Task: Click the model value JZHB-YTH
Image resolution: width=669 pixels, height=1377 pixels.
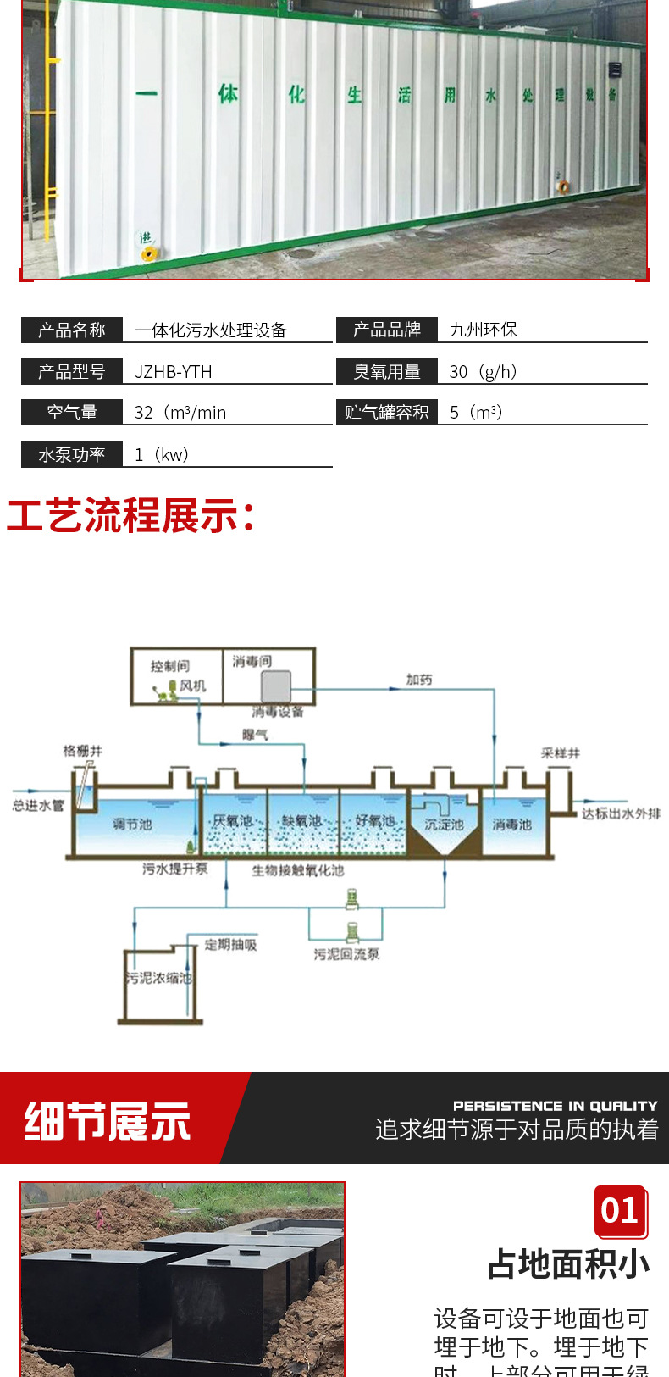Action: (x=174, y=371)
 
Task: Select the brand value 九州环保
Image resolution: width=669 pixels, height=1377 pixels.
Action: (x=484, y=330)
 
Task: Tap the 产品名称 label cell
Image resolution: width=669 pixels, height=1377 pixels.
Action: (x=72, y=330)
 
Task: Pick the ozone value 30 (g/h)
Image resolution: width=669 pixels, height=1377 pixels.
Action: (x=484, y=371)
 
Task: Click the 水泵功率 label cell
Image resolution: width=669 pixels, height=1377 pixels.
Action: (x=72, y=454)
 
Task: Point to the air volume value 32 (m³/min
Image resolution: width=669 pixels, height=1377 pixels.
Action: (x=180, y=413)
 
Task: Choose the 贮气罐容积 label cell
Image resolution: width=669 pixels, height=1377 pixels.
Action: (x=387, y=413)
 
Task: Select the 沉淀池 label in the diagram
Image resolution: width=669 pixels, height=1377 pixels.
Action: (x=444, y=825)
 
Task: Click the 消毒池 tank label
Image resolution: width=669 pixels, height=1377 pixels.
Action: (x=511, y=825)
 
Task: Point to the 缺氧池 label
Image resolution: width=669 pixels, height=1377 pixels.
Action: (x=301, y=821)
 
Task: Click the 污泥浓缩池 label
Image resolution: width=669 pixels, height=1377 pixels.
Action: (x=159, y=978)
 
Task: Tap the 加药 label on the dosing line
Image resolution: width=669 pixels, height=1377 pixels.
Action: (x=419, y=680)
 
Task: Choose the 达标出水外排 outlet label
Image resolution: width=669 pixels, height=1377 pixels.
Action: (x=621, y=813)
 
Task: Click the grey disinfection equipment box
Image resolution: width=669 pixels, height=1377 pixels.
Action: (x=276, y=687)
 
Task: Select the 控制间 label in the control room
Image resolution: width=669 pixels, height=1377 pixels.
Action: (x=169, y=666)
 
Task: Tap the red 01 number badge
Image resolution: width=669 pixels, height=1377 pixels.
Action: (x=620, y=1210)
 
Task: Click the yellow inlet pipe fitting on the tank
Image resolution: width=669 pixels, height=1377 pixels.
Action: (x=148, y=253)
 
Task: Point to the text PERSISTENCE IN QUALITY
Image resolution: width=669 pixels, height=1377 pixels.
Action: (x=555, y=1106)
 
